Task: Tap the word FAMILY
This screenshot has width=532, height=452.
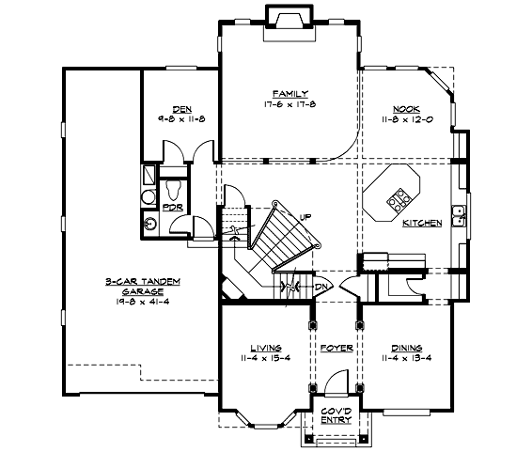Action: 289,94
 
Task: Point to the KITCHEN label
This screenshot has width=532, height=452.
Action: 422,224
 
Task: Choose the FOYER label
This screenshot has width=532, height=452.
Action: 336,348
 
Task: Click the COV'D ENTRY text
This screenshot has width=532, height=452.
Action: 336,415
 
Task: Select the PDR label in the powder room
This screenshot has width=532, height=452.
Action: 172,207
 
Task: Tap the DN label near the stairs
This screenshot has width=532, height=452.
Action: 321,287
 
